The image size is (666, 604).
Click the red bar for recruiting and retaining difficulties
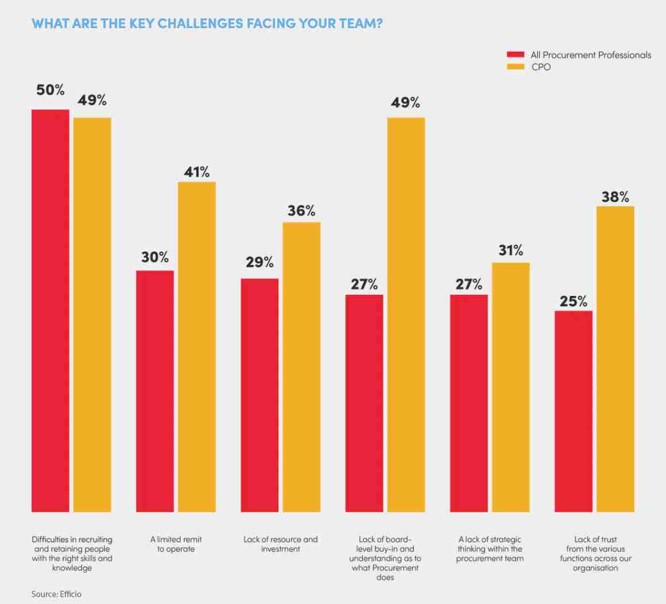50,310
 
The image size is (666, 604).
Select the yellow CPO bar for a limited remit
196,346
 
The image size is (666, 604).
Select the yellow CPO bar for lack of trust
615,358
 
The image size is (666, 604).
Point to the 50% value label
51,91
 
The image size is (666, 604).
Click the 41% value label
197,172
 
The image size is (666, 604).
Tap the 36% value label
301,211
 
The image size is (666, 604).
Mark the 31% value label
510,251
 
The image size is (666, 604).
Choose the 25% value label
573,301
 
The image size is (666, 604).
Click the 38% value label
615,197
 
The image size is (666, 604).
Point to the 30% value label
155,258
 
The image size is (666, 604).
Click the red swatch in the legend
515,55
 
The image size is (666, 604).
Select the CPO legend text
540,67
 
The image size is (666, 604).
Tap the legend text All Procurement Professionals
591,55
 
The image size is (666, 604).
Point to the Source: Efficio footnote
56,594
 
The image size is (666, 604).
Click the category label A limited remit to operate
176,544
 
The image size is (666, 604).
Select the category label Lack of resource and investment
280,544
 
